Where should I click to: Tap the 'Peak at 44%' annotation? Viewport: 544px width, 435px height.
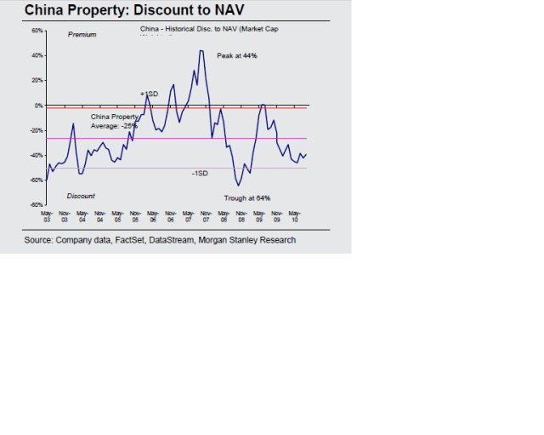(x=237, y=55)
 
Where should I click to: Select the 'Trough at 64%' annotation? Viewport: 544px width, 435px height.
(x=246, y=198)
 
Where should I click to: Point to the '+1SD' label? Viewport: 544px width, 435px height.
(x=149, y=93)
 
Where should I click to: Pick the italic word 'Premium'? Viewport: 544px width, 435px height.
(x=82, y=35)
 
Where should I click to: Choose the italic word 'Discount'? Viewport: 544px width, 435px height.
(x=81, y=196)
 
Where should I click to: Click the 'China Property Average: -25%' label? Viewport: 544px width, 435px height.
(x=114, y=121)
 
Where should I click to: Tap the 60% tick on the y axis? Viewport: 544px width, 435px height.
(x=37, y=31)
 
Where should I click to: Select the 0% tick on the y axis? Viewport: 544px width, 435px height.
(x=39, y=106)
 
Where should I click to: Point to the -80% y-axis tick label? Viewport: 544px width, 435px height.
(x=37, y=205)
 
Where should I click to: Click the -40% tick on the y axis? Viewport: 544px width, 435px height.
(x=37, y=155)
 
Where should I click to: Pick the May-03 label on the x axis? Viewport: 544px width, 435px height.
(x=47, y=216)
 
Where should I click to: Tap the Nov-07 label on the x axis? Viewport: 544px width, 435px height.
(x=206, y=216)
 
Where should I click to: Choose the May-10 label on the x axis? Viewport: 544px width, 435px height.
(x=295, y=216)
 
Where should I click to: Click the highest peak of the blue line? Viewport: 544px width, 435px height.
(x=201, y=50)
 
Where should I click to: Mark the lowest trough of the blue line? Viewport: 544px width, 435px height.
(x=239, y=185)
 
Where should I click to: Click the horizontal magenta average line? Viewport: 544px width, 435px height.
(x=255, y=138)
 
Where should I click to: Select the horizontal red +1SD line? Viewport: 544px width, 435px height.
(x=255, y=108)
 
